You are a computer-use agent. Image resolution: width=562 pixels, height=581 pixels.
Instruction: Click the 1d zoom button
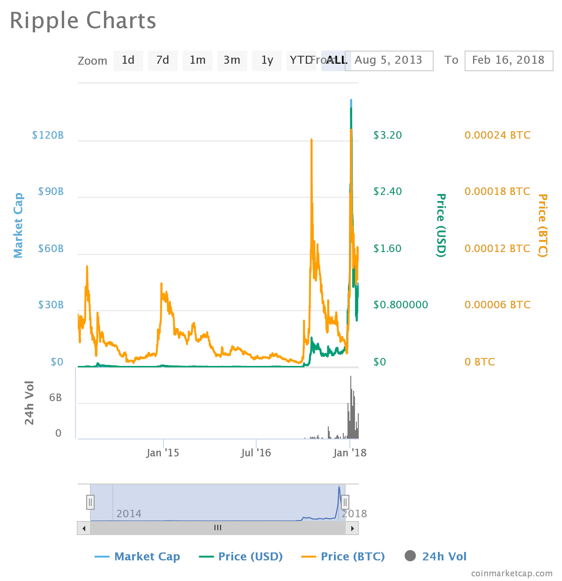[x=128, y=60]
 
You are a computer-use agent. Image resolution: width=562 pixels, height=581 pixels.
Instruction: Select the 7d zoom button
[x=163, y=60]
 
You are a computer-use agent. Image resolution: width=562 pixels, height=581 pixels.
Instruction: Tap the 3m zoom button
[x=232, y=60]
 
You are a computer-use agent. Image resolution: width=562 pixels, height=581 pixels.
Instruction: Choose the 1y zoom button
[x=267, y=60]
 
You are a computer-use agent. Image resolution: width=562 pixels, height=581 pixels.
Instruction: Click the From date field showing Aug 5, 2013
[x=392, y=60]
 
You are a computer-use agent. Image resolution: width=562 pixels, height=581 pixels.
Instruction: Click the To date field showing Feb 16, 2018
[x=509, y=60]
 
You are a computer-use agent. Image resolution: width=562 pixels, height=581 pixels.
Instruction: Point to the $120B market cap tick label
[x=48, y=135]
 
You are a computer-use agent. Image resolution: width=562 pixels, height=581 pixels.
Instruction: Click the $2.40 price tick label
[x=388, y=191]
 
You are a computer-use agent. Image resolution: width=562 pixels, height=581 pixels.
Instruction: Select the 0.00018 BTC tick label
[x=497, y=191]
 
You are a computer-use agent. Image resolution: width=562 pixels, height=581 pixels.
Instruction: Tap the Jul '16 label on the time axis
[x=256, y=453]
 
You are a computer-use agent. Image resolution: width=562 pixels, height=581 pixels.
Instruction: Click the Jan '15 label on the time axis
[x=163, y=453]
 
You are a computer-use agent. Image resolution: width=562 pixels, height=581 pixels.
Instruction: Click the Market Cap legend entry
[x=147, y=557]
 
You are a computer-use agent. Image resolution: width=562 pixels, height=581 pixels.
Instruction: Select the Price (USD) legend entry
[x=250, y=557]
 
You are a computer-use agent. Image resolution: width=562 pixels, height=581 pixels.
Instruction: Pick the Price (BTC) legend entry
[x=353, y=557]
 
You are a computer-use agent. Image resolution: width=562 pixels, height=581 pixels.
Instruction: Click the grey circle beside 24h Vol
[x=410, y=556]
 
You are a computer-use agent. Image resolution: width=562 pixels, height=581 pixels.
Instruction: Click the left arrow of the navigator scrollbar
[x=84, y=528]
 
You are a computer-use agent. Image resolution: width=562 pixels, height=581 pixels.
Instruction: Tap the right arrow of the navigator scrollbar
[x=352, y=528]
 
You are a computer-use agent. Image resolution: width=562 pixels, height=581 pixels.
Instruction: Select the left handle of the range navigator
[x=90, y=502]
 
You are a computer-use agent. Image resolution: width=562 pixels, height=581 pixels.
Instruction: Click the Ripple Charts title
[x=83, y=21]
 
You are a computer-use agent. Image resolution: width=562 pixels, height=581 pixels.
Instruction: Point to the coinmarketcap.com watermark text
[x=512, y=573]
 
